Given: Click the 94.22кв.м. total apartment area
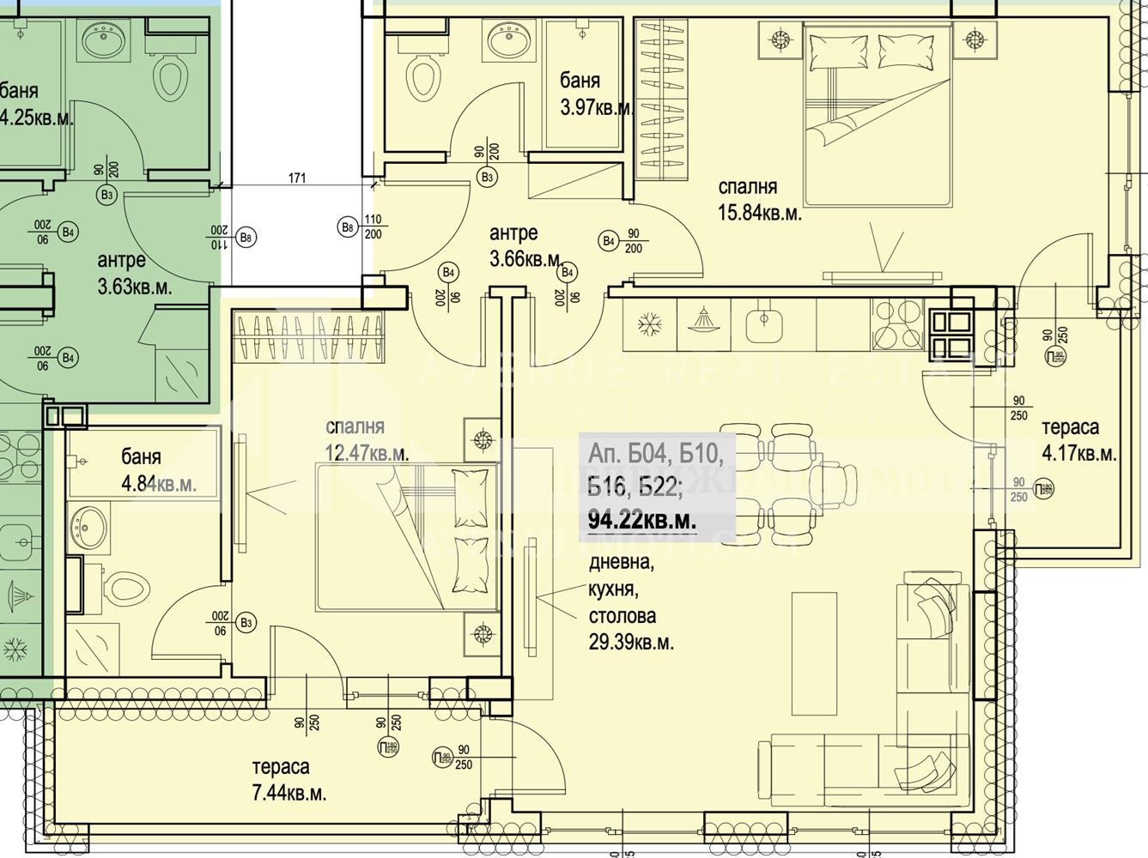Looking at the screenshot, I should click(641, 519).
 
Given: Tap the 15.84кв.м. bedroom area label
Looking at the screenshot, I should click(759, 214).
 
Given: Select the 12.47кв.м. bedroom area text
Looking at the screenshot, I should click(367, 452).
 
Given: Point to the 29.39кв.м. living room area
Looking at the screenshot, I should click(631, 641).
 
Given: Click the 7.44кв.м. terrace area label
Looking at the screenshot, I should click(289, 794).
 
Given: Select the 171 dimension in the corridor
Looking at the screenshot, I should click(297, 179).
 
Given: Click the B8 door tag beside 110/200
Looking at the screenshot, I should click(347, 227).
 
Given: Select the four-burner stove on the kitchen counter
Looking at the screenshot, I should click(896, 323).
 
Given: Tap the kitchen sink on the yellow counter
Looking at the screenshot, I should click(760, 323).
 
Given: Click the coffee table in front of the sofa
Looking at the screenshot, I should click(814, 654).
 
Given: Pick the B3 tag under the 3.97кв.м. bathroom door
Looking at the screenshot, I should click(487, 178).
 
